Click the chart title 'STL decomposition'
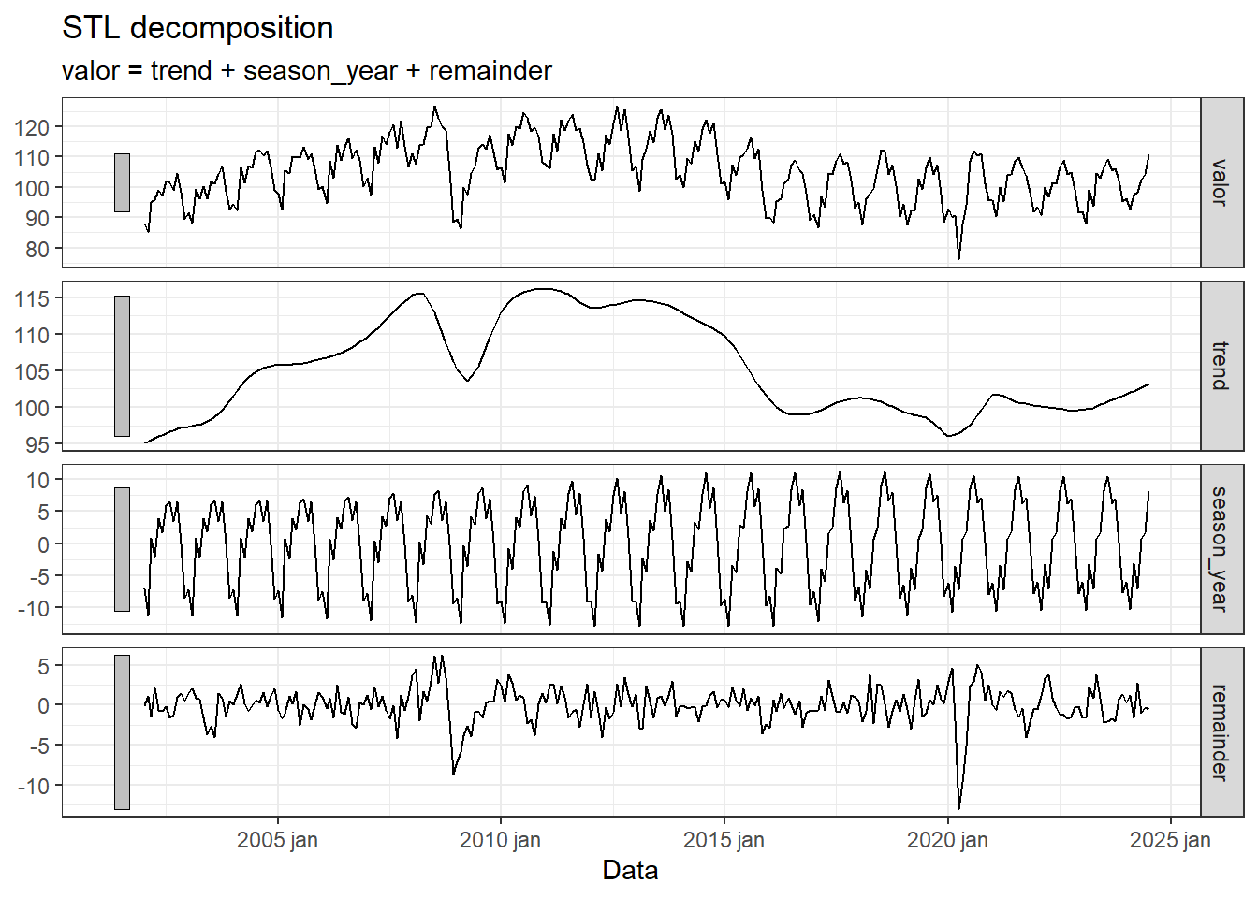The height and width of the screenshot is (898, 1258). point(197,28)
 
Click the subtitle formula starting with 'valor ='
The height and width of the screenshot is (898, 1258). point(306,71)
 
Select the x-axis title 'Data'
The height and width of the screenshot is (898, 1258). point(630,870)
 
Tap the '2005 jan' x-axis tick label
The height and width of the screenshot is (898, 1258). point(277,840)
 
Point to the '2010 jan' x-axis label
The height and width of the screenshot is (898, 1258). point(500,840)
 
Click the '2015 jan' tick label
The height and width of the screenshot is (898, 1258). point(724,840)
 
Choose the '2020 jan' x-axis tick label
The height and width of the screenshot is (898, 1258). point(947,840)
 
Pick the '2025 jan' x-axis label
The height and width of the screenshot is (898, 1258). point(1170,840)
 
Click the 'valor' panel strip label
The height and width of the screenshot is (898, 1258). point(1221,182)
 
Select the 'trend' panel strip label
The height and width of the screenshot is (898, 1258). point(1221,366)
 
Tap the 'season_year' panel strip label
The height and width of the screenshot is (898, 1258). point(1221,549)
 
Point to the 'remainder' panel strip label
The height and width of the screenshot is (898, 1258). point(1221,732)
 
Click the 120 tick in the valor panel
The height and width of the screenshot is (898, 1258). point(32,127)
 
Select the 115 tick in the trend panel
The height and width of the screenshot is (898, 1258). point(32,298)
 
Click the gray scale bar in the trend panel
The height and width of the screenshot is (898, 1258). point(122,366)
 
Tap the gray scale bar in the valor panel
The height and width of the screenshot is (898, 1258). point(122,182)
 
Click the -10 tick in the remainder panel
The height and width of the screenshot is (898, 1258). point(32,786)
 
